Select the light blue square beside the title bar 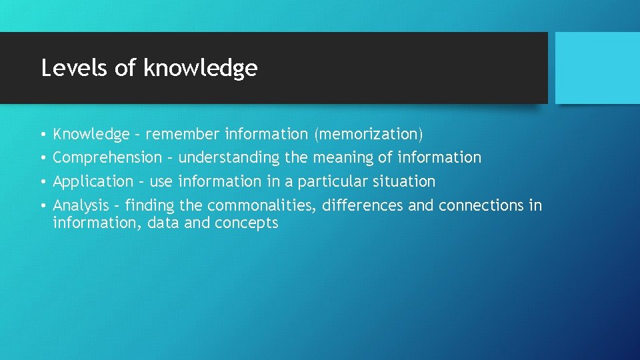click(597, 68)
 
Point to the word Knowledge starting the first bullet click(91, 134)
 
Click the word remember click(182, 134)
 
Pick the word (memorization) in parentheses click(368, 134)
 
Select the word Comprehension click(107, 158)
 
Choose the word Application click(93, 181)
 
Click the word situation click(405, 181)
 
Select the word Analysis click(81, 205)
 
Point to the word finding click(149, 205)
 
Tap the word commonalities click(262, 205)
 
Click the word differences click(363, 205)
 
